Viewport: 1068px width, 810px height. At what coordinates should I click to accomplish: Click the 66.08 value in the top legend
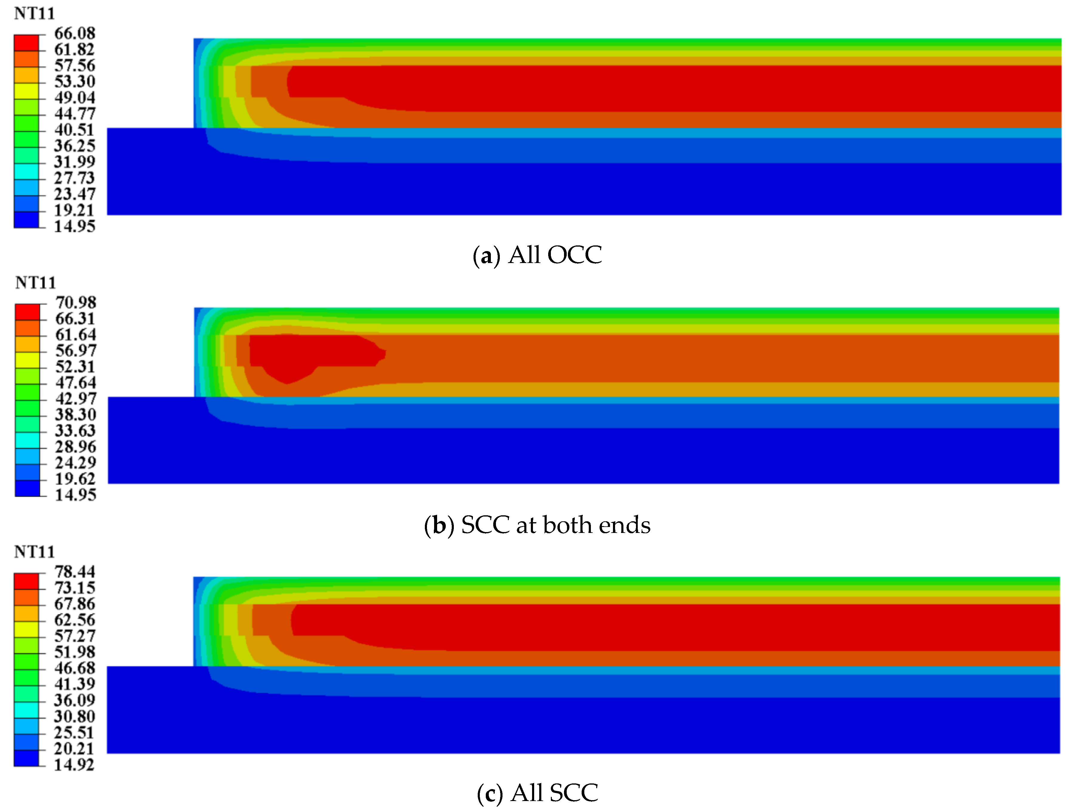tap(74, 33)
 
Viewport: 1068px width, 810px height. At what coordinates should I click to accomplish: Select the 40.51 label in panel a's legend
tap(74, 130)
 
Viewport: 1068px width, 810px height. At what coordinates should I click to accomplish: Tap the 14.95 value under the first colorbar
tap(74, 226)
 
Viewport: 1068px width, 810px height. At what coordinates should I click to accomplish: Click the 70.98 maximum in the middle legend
tap(76, 303)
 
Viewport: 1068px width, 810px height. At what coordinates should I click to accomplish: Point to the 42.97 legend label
tap(76, 399)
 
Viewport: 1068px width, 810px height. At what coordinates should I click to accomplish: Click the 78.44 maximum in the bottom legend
tap(74, 572)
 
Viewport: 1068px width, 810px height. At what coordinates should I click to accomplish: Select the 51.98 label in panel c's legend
tap(74, 652)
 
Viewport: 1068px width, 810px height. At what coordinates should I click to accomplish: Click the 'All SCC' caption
tap(554, 793)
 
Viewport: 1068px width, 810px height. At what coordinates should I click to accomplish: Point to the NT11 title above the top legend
tap(34, 13)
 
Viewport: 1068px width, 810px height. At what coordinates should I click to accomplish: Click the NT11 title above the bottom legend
tap(34, 552)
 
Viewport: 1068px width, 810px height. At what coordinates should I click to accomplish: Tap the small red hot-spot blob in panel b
tap(309, 352)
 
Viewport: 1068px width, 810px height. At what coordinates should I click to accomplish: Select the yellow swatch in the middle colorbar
tap(27, 360)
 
